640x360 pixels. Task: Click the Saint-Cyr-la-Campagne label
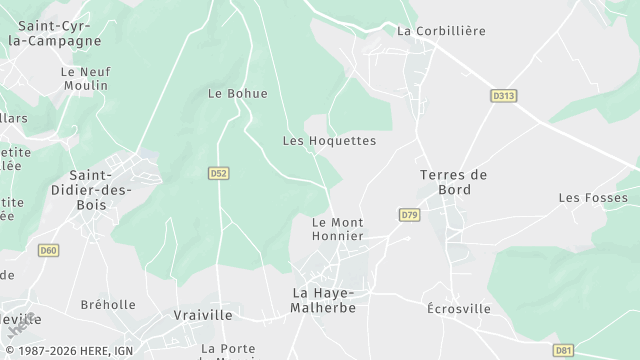tap(55, 33)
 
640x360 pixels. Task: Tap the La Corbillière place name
tap(441, 31)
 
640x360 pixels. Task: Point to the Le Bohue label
tap(238, 94)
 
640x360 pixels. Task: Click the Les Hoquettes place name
tap(329, 141)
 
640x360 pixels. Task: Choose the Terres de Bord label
tap(453, 182)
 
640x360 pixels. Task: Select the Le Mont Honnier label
tap(337, 229)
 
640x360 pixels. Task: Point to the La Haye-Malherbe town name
tap(324, 300)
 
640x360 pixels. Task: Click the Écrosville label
tap(459, 309)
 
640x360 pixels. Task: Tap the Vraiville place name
tap(203, 314)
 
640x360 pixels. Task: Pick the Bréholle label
tap(108, 305)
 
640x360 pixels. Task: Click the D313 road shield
tap(504, 96)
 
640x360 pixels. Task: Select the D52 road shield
tap(219, 173)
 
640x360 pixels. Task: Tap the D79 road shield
tap(409, 215)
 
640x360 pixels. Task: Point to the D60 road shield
tap(49, 250)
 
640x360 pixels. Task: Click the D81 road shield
tap(563, 350)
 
